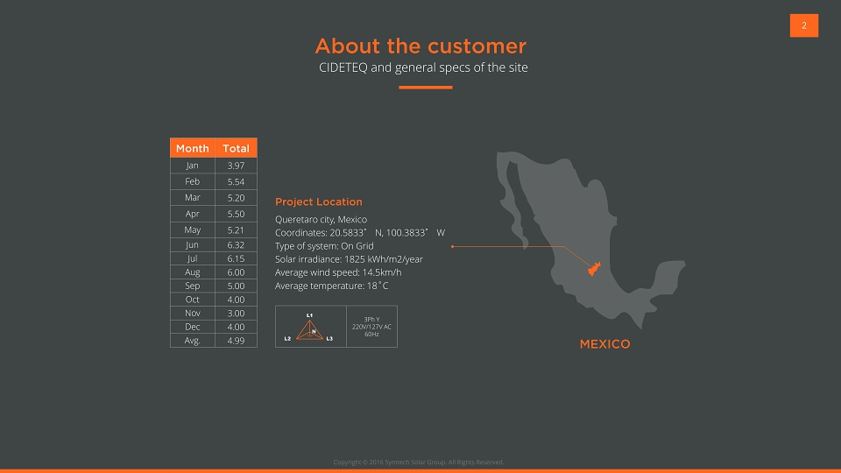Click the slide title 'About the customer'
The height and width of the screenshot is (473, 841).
pos(420,46)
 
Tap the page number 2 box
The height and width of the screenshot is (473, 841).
pos(804,25)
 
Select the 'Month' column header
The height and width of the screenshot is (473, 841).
pos(193,148)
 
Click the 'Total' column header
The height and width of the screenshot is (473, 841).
pos(236,148)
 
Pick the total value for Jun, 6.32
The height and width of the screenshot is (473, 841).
pos(236,245)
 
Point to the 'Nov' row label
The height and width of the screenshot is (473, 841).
pos(193,314)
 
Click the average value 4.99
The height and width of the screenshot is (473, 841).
pos(236,341)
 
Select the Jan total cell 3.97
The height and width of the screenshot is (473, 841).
pos(236,166)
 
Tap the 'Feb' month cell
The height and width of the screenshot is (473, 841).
pos(193,182)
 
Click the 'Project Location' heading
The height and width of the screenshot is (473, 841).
pos(319,201)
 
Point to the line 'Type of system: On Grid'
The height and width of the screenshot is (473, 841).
pos(324,246)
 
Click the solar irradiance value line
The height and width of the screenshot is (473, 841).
pos(349,259)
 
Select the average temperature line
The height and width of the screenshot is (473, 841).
pos(331,286)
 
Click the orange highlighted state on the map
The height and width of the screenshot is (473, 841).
pos(594,269)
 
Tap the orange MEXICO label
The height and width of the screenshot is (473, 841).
pos(605,344)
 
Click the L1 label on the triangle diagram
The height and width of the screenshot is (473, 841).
pos(309,315)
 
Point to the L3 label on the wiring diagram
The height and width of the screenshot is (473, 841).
pos(329,339)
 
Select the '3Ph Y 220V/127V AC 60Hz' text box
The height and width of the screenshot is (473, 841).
pos(371,327)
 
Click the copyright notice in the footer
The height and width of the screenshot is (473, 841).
pos(419,462)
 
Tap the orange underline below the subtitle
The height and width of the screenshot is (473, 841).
pos(426,88)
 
